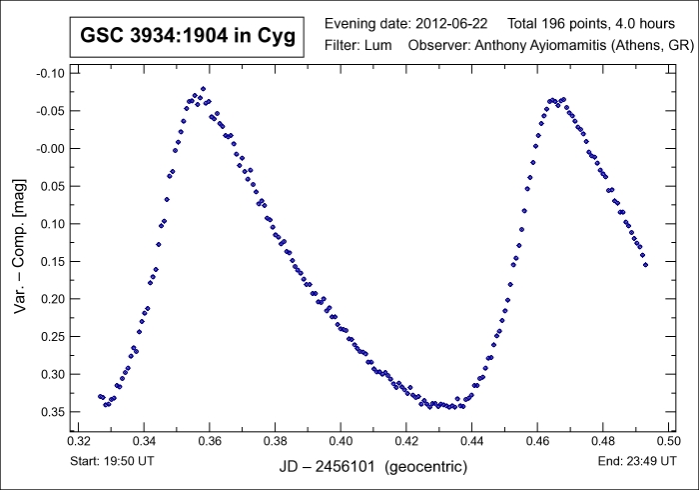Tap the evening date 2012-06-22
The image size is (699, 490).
[x=452, y=23]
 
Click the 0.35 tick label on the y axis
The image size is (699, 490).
[x=48, y=411]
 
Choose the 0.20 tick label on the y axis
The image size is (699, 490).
[x=48, y=299]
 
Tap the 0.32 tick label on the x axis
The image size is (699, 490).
[x=79, y=440]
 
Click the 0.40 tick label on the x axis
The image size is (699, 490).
[x=342, y=440]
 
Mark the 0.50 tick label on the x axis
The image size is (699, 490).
[x=669, y=440]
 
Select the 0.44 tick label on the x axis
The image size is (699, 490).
[x=472, y=440]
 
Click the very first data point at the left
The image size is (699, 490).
[x=100, y=396]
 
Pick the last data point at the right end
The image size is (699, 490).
[x=645, y=265]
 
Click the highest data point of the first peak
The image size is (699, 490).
[x=203, y=89]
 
